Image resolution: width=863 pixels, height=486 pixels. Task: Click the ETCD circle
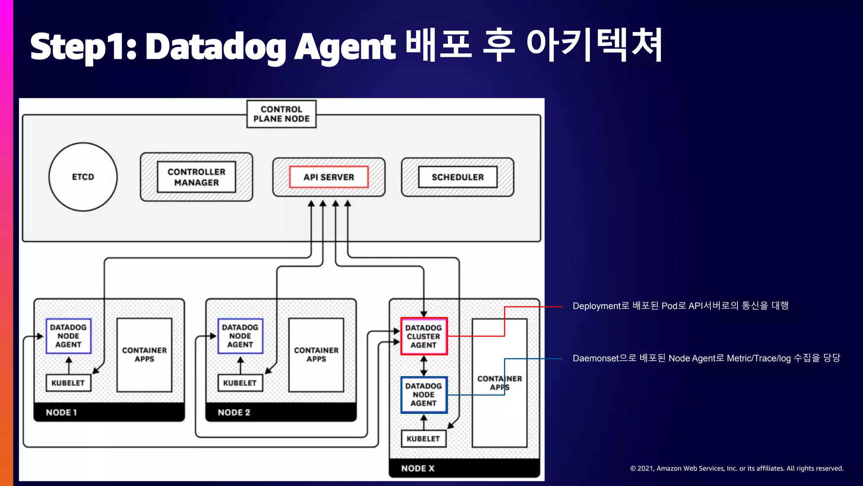click(83, 177)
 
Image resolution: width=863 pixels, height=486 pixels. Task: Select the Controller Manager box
click(196, 177)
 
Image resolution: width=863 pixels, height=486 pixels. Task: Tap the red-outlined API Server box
click(329, 177)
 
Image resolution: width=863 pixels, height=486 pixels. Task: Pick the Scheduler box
click(458, 177)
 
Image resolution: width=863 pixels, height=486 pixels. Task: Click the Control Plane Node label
click(281, 114)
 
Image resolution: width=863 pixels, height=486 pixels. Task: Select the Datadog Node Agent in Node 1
click(68, 336)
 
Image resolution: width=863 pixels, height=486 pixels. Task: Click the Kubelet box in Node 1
click(68, 383)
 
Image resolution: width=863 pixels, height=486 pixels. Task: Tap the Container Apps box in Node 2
click(316, 355)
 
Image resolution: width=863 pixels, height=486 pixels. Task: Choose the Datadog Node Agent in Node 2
click(240, 336)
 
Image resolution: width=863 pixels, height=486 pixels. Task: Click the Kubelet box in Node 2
click(240, 383)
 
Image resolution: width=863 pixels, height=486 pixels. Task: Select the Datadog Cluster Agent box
click(423, 336)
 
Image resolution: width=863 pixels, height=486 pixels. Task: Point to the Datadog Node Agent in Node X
click(423, 394)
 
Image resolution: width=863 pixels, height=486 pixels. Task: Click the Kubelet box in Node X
click(423, 439)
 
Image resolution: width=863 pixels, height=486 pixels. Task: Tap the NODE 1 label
click(62, 413)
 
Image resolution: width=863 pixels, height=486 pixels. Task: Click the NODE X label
click(418, 468)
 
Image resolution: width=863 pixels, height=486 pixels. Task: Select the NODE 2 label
click(234, 413)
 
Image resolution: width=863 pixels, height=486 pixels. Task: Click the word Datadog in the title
click(216, 46)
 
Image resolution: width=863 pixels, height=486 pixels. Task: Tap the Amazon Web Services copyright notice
click(737, 468)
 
